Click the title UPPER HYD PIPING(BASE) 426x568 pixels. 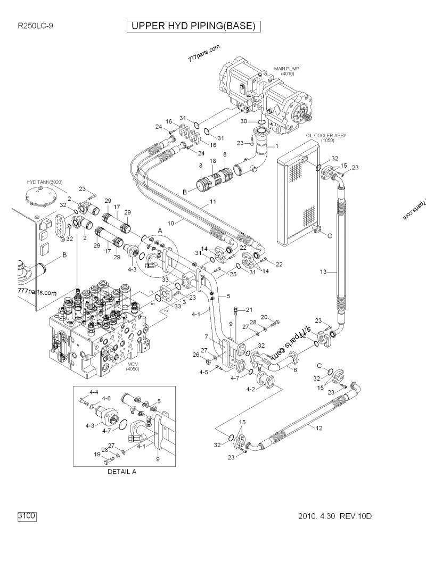(x=194, y=26)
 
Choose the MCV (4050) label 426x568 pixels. (x=132, y=367)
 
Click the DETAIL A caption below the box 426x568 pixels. (x=122, y=472)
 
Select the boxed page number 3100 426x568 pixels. (x=27, y=515)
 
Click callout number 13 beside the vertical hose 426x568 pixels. (x=323, y=272)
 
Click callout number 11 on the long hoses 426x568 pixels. (x=213, y=202)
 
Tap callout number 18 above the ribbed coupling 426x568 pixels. (x=212, y=161)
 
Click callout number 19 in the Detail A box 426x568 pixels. (x=97, y=454)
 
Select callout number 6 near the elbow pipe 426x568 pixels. (x=294, y=369)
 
